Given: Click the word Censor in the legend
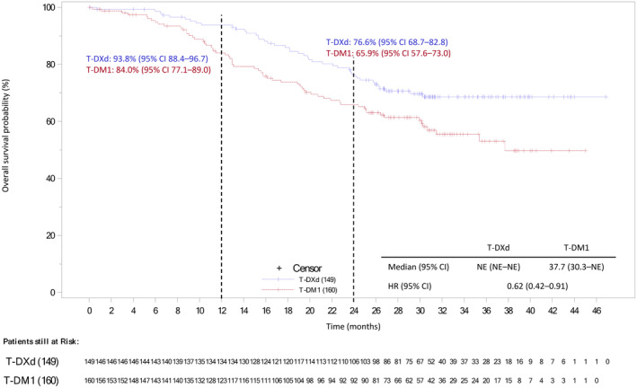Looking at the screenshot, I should coord(309,268).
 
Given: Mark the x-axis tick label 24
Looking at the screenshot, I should coord(353,309).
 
